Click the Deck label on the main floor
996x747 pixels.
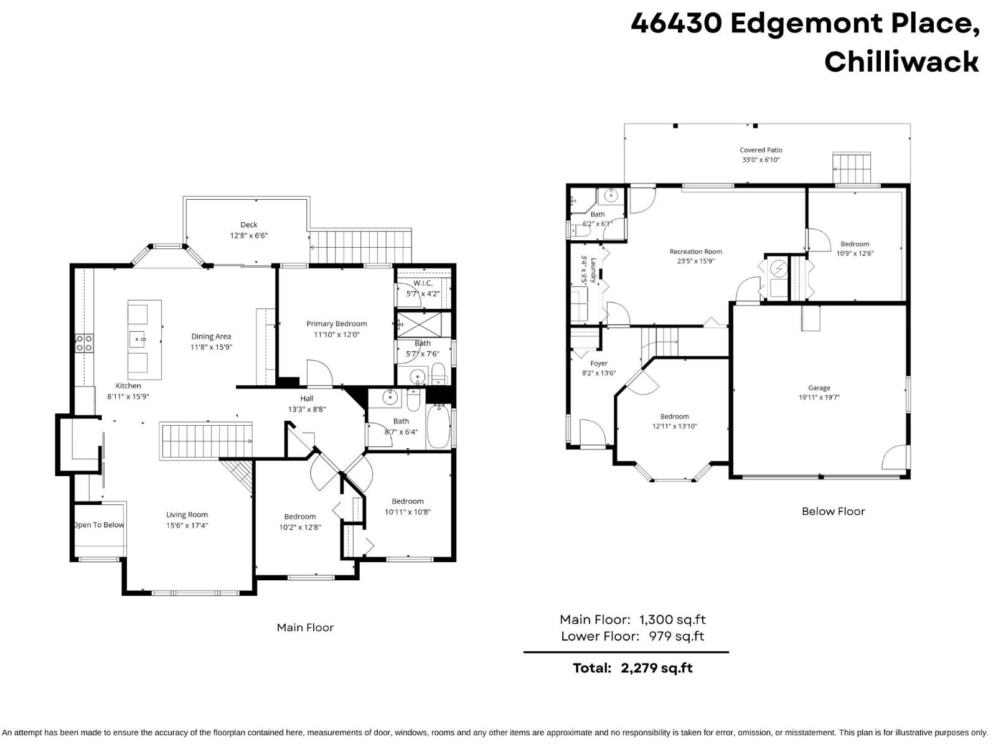pos(248,225)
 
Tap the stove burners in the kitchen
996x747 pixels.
pos(84,343)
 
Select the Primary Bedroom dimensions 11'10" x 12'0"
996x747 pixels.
pos(336,335)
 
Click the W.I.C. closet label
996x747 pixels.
pos(423,283)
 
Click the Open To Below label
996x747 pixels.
pos(98,525)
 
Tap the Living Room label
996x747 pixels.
pos(187,515)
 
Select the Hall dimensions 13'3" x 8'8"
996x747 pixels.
pos(307,410)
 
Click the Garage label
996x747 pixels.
pos(819,388)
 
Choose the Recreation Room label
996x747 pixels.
pos(695,251)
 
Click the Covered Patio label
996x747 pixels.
pos(761,150)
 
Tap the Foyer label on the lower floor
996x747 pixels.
pos(598,364)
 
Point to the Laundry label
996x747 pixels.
pos(594,270)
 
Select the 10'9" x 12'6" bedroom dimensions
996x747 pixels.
pos(855,253)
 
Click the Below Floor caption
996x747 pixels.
pos(833,511)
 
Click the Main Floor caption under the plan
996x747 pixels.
pos(305,627)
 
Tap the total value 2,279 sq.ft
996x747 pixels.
pos(657,668)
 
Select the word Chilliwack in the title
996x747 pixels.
pos(901,62)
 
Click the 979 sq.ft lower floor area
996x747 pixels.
pos(676,636)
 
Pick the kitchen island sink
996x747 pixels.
pos(138,339)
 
